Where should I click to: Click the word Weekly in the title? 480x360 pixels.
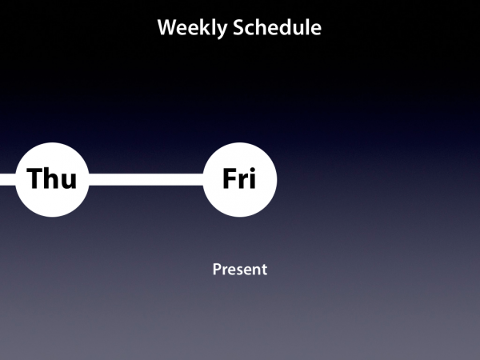pyautogui.click(x=192, y=28)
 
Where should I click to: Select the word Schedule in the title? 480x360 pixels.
pyautogui.click(x=277, y=27)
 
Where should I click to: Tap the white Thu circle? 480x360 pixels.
pyautogui.click(x=52, y=180)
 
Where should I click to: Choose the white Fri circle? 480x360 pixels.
pyautogui.click(x=240, y=180)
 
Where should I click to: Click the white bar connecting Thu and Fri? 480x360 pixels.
pyautogui.click(x=146, y=180)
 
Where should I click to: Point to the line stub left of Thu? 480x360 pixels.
pyautogui.click(x=8, y=180)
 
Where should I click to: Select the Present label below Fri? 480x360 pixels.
pyautogui.click(x=240, y=270)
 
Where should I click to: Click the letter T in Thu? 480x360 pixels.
pyautogui.click(x=35, y=178)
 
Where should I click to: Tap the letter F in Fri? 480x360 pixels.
pyautogui.click(x=229, y=178)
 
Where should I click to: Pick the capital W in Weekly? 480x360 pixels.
pyautogui.click(x=168, y=27)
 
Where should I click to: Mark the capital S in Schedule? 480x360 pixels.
pyautogui.click(x=238, y=28)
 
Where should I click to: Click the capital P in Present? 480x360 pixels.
pyautogui.click(x=217, y=270)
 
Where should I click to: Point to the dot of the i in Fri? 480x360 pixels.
pyautogui.click(x=252, y=170)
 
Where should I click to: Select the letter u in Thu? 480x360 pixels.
pyautogui.click(x=70, y=181)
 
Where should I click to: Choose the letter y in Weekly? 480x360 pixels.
pyautogui.click(x=222, y=30)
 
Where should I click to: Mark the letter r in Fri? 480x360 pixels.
pyautogui.click(x=242, y=181)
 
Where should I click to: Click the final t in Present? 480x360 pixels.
pyautogui.click(x=264, y=270)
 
